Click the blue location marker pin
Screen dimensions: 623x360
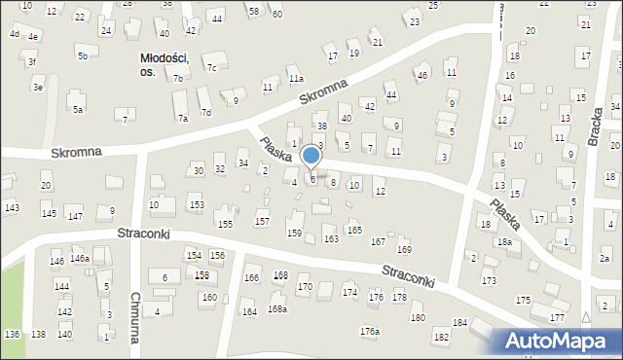pos(311,157)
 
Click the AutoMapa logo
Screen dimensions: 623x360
pos(563,341)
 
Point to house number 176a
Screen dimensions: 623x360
pos(369,331)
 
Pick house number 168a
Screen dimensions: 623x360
pos(278,308)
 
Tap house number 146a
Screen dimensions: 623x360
pos(80,258)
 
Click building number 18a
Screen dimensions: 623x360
pos(503,242)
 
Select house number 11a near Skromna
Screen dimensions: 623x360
pos(296,79)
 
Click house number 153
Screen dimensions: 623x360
pos(197,205)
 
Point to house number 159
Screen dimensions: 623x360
pos(294,232)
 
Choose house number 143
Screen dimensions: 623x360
pos(12,208)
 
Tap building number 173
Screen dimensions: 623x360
pos(489,280)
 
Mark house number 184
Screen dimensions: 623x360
pos(460,322)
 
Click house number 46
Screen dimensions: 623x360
pos(421,75)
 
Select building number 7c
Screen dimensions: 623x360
pos(211,67)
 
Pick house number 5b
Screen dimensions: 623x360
pos(83,55)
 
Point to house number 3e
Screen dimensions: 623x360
pos(38,88)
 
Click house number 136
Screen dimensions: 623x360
pos(12,334)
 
